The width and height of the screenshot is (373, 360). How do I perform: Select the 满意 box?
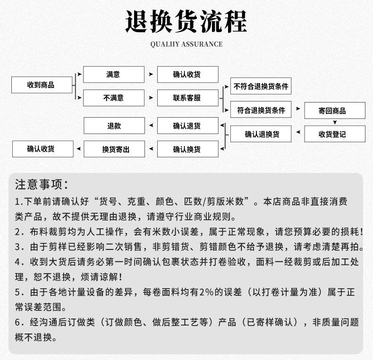pos(113,75)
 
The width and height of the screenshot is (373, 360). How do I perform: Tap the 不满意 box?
pos(113,98)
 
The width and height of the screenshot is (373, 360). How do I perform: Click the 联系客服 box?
pos(187,98)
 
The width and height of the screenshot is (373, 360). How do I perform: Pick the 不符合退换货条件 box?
pos(261,86)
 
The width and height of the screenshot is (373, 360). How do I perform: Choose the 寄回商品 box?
pos(335,111)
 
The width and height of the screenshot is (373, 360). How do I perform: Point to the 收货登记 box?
pos(335,134)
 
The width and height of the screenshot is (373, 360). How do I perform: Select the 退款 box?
pos(113,126)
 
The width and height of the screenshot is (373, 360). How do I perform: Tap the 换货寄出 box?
pos(113,149)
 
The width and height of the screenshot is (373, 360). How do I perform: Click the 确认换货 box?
pos(187,149)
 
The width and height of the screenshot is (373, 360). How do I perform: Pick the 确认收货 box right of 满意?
pos(187,75)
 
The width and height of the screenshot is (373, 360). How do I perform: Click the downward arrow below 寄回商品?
pos(335,122)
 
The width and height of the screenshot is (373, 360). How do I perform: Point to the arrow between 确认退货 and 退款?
pos(151,126)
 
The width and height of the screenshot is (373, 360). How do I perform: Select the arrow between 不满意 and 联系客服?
pos(151,98)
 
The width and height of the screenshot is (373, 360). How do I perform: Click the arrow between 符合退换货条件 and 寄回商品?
pos(297,109)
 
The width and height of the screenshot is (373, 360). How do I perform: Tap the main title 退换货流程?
pos(186,22)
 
